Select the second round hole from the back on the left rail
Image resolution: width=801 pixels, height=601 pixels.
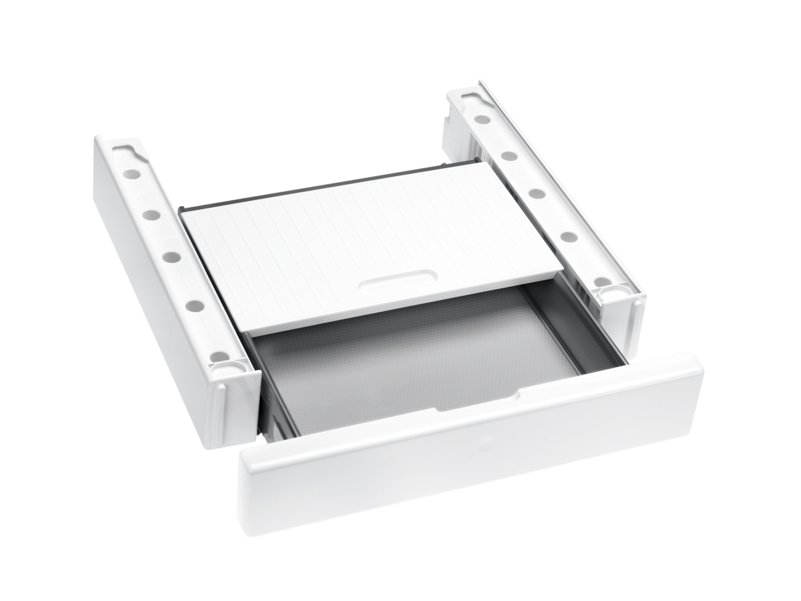point(151,214)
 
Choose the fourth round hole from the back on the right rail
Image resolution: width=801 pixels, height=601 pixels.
point(566,236)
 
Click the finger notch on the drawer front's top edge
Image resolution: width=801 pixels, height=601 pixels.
point(475,401)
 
